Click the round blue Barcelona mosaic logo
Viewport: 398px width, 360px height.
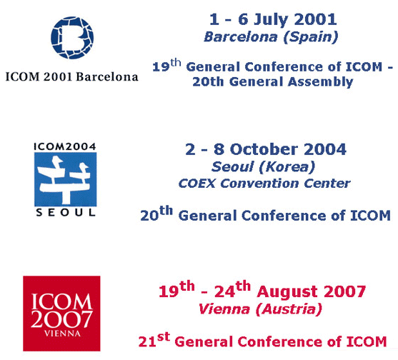coord(72,38)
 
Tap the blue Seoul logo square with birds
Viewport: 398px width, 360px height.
coord(66,179)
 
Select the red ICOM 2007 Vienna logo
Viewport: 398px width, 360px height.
coord(61,314)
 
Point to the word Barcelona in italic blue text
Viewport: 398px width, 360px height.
coord(241,37)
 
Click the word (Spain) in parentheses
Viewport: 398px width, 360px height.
coord(310,38)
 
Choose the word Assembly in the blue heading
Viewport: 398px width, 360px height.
coord(320,82)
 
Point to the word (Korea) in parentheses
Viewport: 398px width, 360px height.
coord(287,167)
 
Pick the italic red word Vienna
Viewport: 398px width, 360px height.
coord(224,309)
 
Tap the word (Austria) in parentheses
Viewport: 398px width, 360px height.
coord(289,310)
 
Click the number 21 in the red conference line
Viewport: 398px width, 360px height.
coord(147,341)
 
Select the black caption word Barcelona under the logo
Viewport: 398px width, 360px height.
coord(107,76)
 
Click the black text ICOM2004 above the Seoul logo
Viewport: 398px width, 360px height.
coord(65,146)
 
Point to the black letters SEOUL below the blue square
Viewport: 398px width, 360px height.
coord(66,213)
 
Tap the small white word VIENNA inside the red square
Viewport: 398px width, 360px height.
coord(62,334)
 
